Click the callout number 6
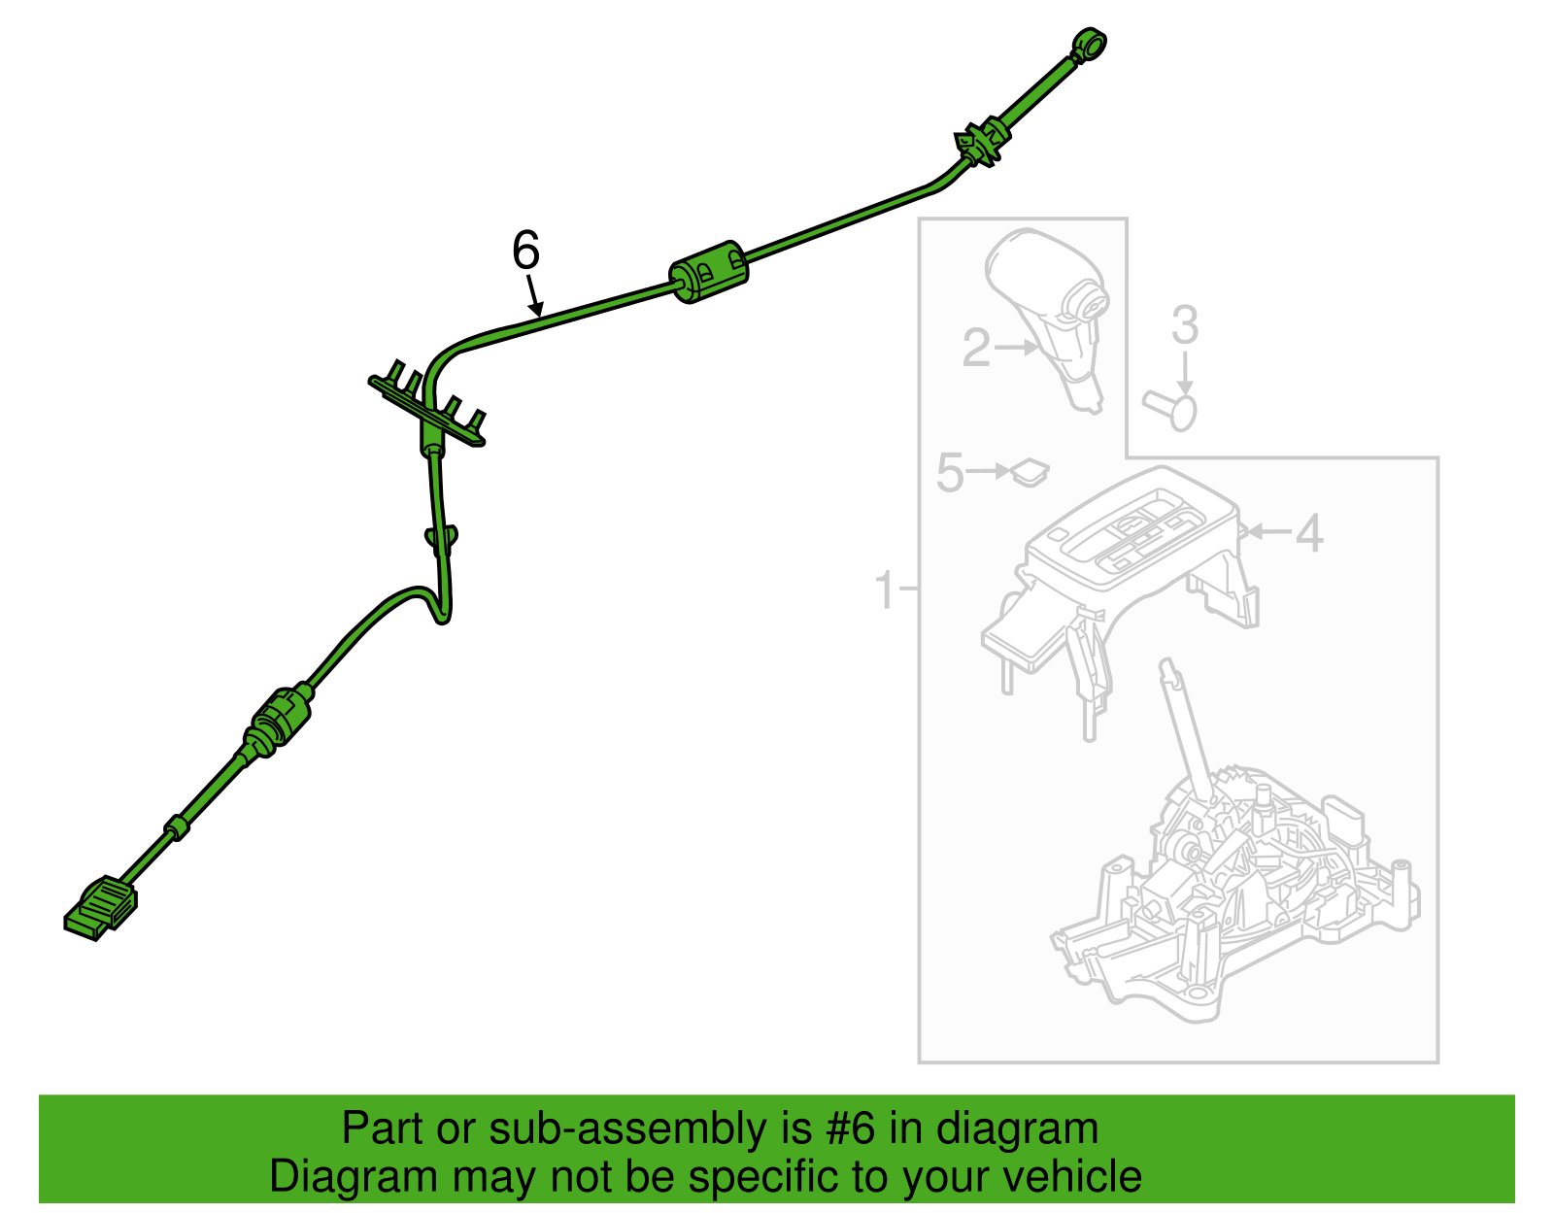(x=525, y=251)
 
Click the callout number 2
(x=976, y=348)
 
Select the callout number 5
(x=950, y=472)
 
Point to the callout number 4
(x=1309, y=533)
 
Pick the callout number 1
(x=886, y=590)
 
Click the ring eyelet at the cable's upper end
(x=1089, y=45)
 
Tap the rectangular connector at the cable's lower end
(x=100, y=908)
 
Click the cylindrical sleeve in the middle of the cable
(x=708, y=272)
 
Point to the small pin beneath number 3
(x=1170, y=410)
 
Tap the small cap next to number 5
(x=1030, y=472)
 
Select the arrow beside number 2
(x=1017, y=348)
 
